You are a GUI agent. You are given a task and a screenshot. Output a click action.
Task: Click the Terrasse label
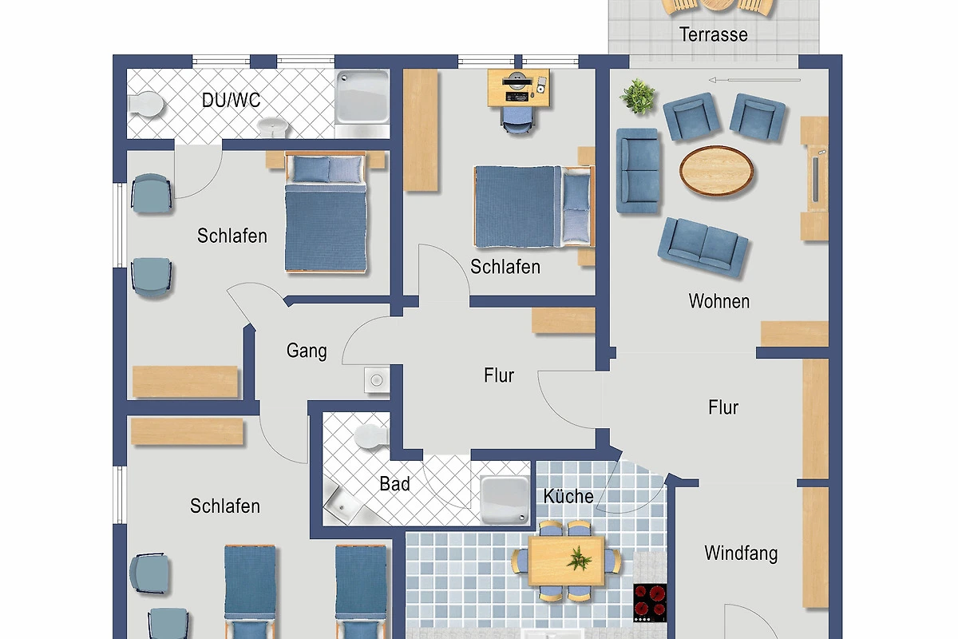coord(714,34)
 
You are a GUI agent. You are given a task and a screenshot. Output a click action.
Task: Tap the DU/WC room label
coord(231,100)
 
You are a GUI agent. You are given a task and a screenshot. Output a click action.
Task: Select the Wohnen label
coord(719,301)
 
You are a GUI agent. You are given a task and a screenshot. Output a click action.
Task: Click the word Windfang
coord(741,554)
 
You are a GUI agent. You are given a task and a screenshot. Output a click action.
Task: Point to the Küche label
coord(568,496)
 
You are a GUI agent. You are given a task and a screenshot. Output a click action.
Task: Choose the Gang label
coord(307,351)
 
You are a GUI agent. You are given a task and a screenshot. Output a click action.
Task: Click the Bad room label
coord(394,483)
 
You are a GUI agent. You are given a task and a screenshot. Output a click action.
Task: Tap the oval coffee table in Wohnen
coord(716,171)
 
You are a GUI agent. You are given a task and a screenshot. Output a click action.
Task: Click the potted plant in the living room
coord(638,97)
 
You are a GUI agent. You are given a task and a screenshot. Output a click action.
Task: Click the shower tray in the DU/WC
coord(362,97)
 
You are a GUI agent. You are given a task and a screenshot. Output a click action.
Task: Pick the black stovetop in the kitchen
coord(650,603)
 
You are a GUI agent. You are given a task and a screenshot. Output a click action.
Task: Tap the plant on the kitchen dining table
coord(579,558)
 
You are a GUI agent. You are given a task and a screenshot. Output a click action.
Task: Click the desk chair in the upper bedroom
coord(517,120)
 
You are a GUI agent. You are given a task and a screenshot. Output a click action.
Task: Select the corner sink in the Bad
coord(342,503)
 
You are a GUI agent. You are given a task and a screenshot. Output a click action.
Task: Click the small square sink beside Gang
coord(377,380)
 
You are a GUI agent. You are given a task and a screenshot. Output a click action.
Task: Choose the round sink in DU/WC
coord(273,127)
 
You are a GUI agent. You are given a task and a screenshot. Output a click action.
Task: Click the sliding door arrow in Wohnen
coord(754,80)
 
